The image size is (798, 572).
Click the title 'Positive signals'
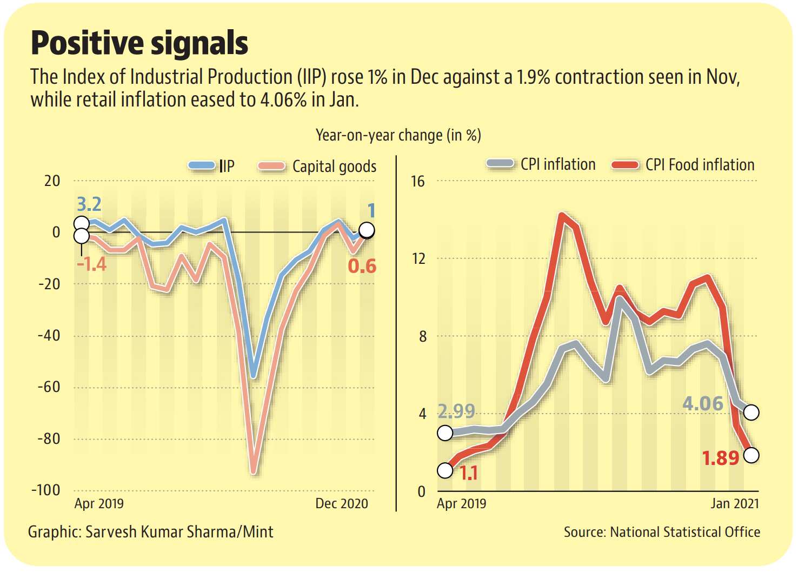click(x=139, y=43)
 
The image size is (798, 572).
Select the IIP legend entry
click(x=212, y=166)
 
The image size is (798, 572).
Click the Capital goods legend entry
click(x=318, y=167)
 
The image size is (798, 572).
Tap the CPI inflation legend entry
click(x=541, y=164)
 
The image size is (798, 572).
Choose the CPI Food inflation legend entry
click(x=683, y=165)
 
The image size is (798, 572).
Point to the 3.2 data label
click(x=89, y=204)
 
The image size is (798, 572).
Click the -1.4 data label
click(x=91, y=264)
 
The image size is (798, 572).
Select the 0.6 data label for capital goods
click(x=362, y=266)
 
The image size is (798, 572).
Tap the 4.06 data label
click(x=702, y=403)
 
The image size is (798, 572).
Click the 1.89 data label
click(x=720, y=458)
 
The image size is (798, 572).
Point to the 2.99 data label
click(x=456, y=411)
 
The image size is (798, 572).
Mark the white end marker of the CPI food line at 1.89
click(x=751, y=455)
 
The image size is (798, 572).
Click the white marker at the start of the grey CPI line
click(x=445, y=433)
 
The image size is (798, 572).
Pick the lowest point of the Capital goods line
click(x=254, y=472)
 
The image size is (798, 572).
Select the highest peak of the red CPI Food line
click(x=563, y=216)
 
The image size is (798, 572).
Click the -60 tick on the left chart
click(x=49, y=387)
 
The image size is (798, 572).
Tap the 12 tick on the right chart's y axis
click(x=418, y=258)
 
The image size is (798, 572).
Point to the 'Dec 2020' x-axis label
click(x=341, y=503)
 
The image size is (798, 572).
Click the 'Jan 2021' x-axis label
click(x=734, y=503)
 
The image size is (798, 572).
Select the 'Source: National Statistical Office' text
click(x=661, y=532)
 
